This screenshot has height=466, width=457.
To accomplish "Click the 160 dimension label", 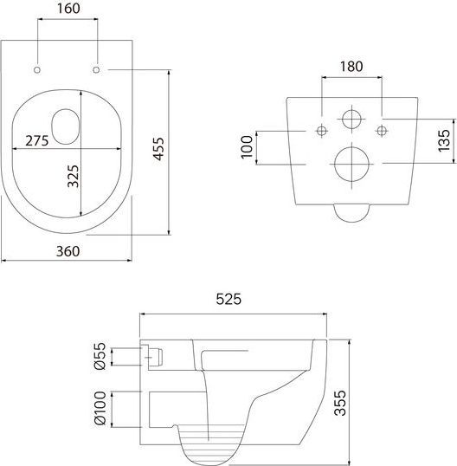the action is [x=68, y=9].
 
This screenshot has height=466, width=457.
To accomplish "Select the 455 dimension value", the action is [x=158, y=149].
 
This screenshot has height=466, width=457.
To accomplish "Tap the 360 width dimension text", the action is [x=68, y=251].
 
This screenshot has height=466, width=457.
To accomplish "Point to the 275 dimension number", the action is [x=37, y=141].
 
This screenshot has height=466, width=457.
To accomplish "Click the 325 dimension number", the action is [x=74, y=176].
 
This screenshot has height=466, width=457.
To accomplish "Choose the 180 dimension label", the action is [x=351, y=67].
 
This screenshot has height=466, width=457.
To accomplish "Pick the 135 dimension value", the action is [x=444, y=140].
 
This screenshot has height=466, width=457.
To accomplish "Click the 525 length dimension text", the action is [x=228, y=299].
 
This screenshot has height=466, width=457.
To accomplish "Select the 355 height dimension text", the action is [x=340, y=403].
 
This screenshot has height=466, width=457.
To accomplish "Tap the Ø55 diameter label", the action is [x=100, y=356].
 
